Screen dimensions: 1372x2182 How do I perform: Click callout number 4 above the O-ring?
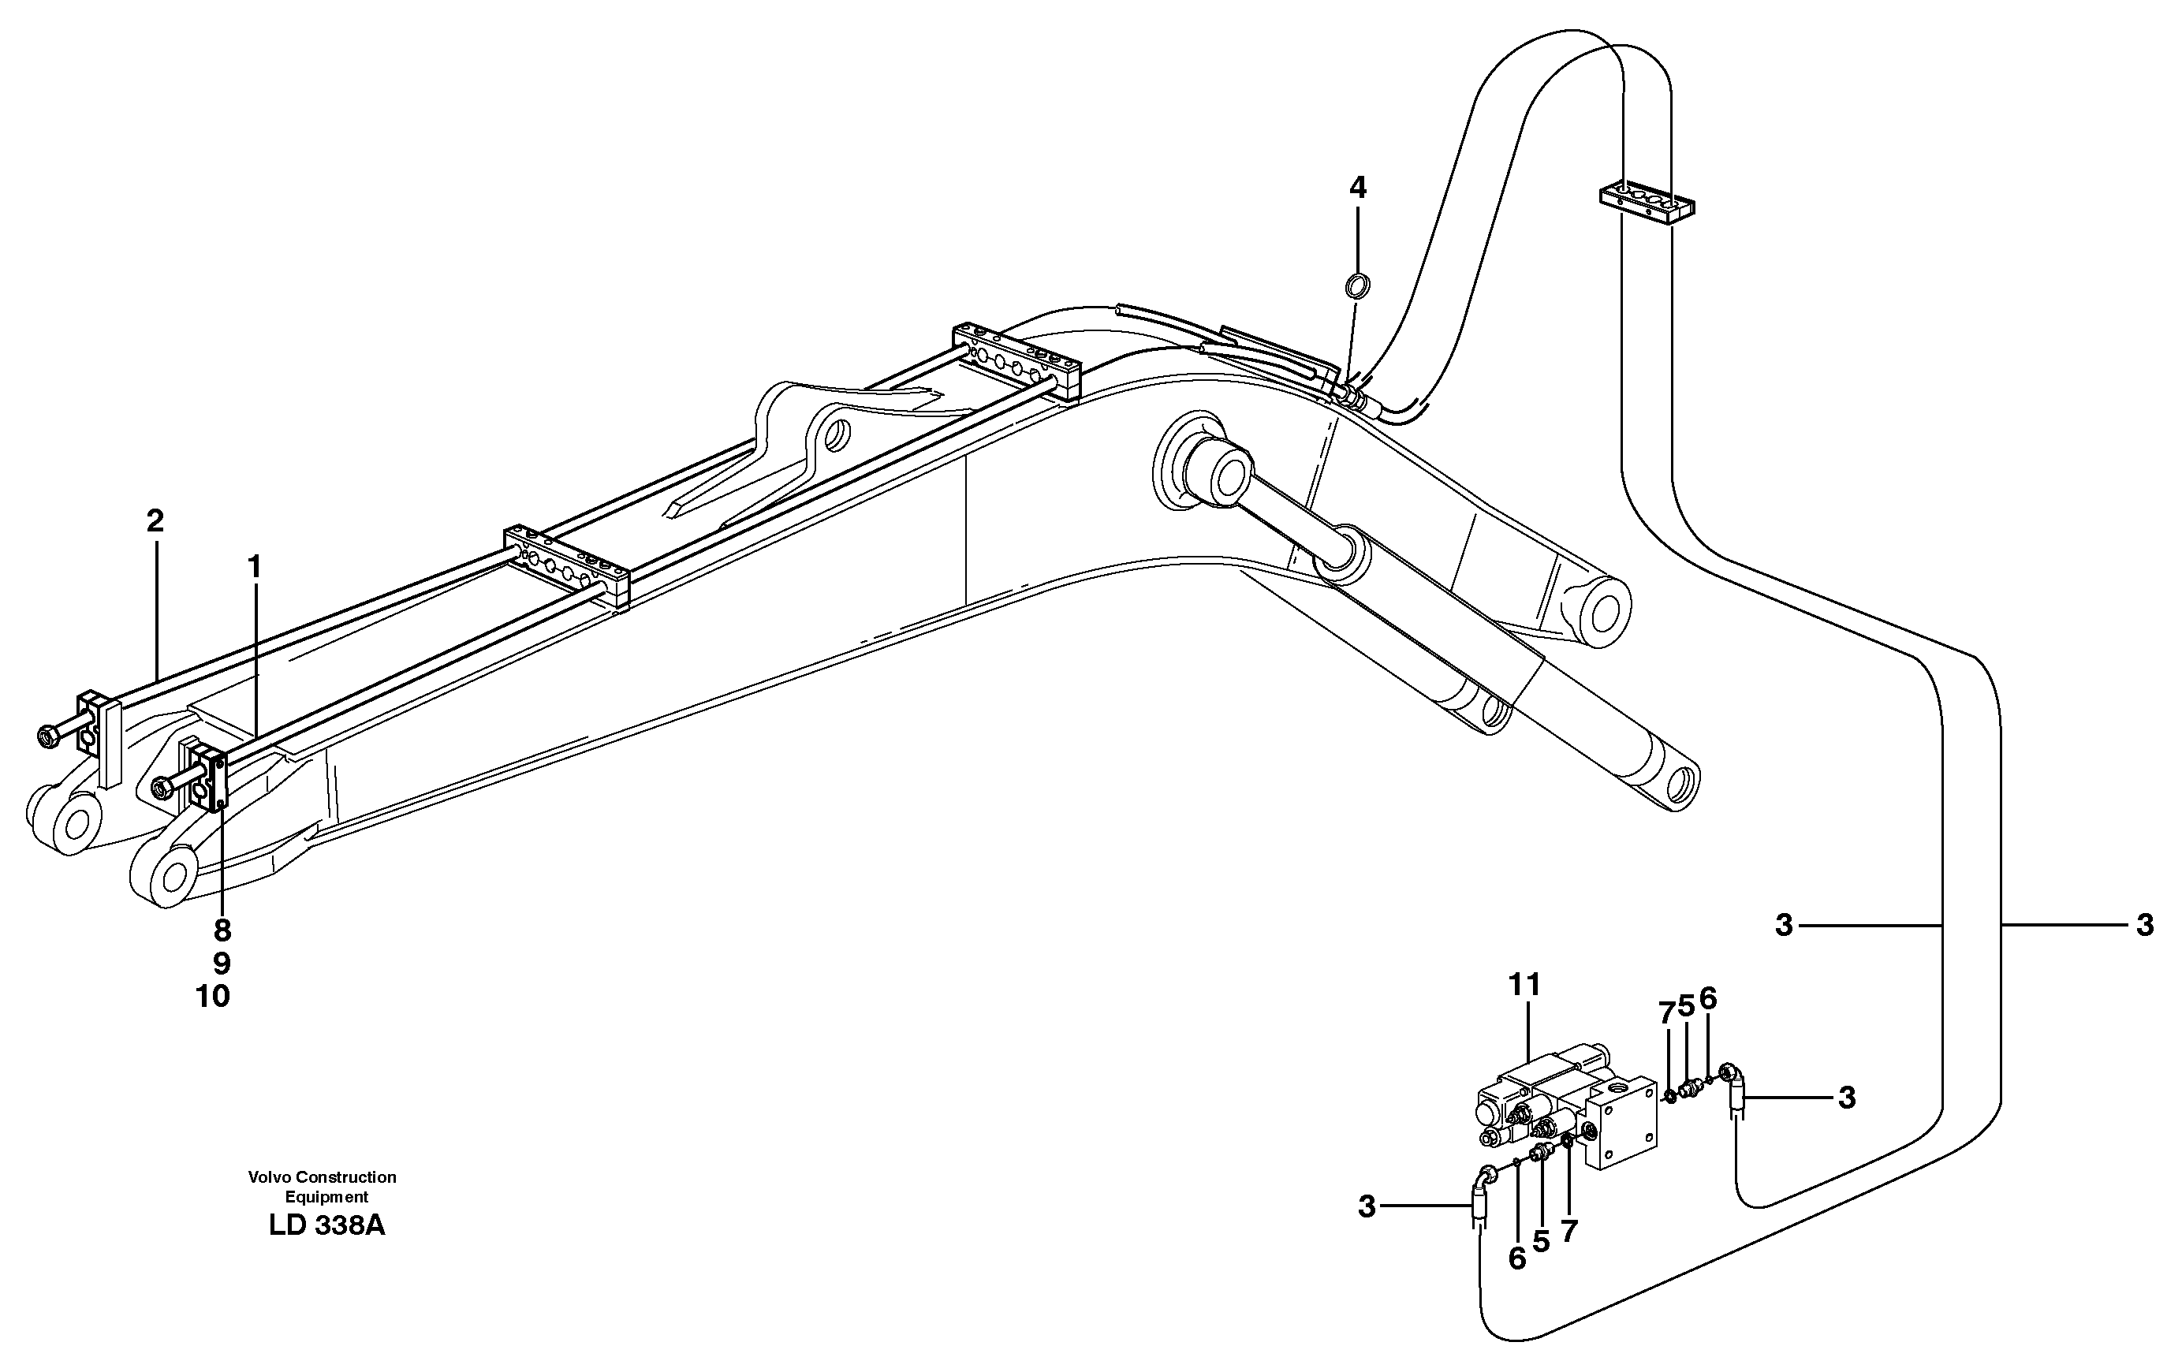(x=1356, y=188)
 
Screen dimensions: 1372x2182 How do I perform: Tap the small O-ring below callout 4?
(x=1356, y=286)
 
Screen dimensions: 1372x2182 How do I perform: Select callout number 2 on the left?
(x=155, y=521)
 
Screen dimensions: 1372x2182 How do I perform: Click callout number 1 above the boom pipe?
(x=255, y=567)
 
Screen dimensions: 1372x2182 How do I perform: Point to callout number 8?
(x=222, y=930)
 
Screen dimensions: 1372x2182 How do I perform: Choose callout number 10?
(x=213, y=997)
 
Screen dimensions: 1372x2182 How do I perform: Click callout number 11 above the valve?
(x=1524, y=984)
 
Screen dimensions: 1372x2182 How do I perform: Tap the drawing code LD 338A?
(x=326, y=1226)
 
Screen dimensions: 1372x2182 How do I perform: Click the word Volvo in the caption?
(x=268, y=1177)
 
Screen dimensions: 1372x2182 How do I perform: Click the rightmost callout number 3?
(x=2144, y=925)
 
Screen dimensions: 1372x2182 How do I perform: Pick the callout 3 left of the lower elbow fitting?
(x=1367, y=1207)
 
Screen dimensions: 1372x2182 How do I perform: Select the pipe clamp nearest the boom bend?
(x=1016, y=360)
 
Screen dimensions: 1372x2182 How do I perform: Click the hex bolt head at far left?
(x=48, y=735)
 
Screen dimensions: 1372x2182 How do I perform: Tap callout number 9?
(x=222, y=964)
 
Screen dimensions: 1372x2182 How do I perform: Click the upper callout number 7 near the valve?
(x=1665, y=1014)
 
